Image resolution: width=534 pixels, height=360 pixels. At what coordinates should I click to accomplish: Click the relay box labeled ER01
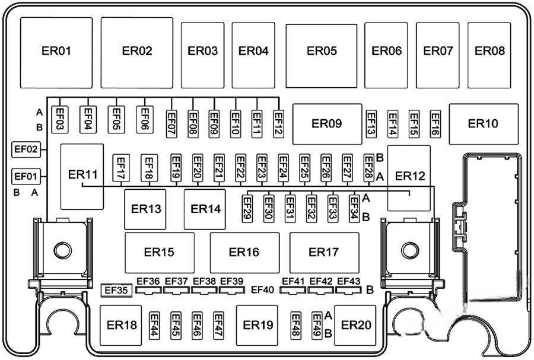[x=56, y=52]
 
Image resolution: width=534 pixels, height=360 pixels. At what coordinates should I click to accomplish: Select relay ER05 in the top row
[x=322, y=52]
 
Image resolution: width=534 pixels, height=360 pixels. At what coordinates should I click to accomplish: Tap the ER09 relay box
[x=327, y=124]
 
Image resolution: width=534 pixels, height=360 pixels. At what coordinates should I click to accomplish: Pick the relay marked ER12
[x=410, y=177]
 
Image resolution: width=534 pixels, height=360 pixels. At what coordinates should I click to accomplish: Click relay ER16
[x=244, y=252]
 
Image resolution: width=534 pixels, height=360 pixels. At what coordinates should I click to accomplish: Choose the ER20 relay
[x=356, y=325]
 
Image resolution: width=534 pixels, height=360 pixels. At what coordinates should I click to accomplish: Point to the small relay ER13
[x=147, y=209]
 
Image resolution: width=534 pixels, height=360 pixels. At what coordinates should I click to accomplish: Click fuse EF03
[x=60, y=118]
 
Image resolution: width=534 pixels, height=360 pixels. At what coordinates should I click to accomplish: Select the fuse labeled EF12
[x=278, y=123]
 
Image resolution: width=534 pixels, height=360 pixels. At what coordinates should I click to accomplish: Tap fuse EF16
[x=435, y=123]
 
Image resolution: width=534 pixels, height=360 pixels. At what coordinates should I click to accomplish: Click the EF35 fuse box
[x=115, y=290]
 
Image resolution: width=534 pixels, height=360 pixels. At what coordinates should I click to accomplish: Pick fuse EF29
[x=247, y=208]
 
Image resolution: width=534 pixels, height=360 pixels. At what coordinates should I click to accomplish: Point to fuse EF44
[x=155, y=326]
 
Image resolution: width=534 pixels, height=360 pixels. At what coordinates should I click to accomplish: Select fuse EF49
[x=316, y=326]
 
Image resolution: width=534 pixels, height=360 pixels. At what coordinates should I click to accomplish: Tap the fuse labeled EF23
[x=261, y=167]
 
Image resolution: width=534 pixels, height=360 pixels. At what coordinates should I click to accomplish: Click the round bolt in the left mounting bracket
[x=62, y=250]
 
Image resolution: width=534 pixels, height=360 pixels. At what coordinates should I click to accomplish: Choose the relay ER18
[x=122, y=325]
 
